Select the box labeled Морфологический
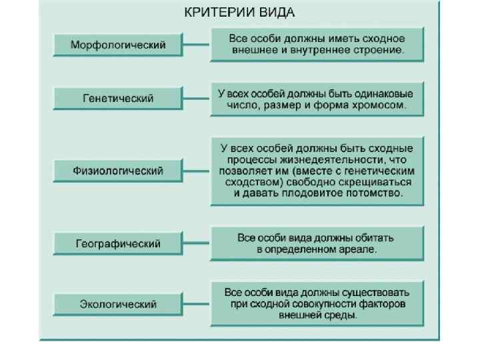(x=118, y=45)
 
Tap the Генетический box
(x=118, y=98)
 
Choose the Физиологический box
(x=118, y=171)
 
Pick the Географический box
(x=118, y=244)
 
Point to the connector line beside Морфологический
(x=197, y=45)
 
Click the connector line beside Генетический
(x=197, y=98)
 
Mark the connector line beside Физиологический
(x=197, y=171)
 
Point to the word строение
(x=377, y=50)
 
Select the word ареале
(x=359, y=250)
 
